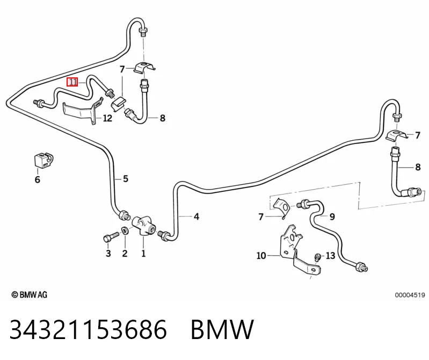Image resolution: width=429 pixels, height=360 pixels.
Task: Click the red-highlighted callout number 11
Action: [72, 82]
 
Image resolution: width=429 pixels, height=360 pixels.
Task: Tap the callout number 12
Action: [107, 118]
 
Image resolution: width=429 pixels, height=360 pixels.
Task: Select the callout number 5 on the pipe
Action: [125, 179]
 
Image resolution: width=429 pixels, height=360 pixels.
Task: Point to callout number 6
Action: [38, 179]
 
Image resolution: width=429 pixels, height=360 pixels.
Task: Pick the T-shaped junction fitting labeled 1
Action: [143, 225]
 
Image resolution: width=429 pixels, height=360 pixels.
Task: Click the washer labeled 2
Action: [125, 231]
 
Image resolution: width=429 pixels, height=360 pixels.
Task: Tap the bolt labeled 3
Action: [111, 237]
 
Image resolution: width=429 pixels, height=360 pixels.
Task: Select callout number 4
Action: [196, 217]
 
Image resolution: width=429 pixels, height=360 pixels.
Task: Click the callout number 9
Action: [332, 217]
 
